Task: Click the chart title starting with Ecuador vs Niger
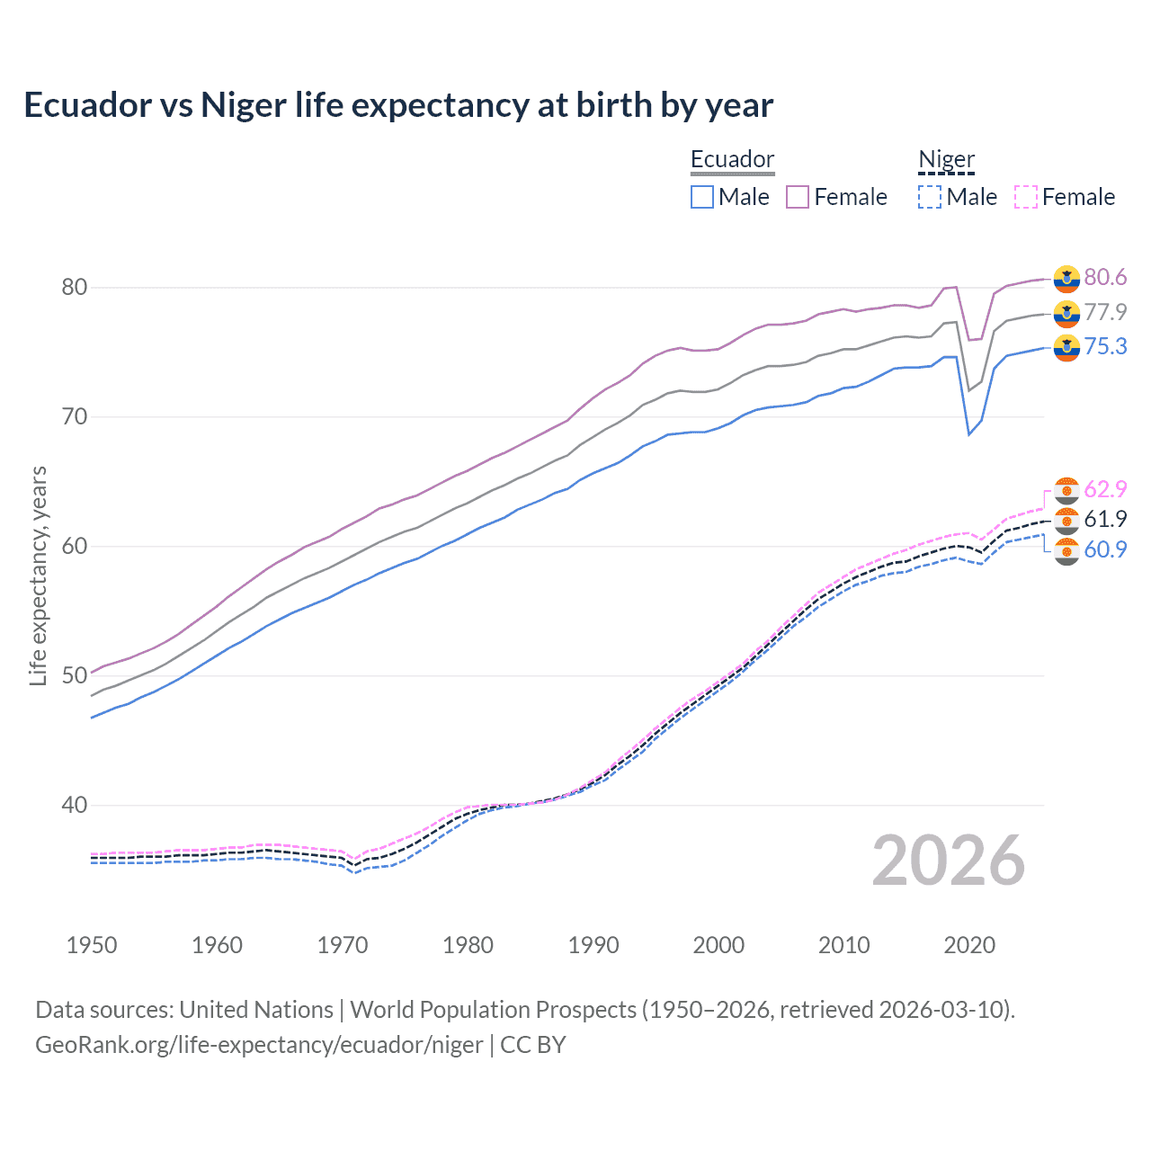tap(398, 105)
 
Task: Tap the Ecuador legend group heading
tap(732, 159)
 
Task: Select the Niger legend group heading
tap(946, 159)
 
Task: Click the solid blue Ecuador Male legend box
tap(702, 197)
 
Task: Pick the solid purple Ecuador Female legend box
tap(798, 197)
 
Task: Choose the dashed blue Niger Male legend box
tap(930, 197)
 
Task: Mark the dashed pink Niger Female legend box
tap(1026, 197)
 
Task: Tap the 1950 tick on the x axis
tap(92, 945)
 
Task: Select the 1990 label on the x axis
tap(593, 945)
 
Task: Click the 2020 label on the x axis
tap(969, 945)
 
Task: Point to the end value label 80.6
tap(1105, 278)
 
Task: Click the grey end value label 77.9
tap(1105, 312)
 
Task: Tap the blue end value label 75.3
tap(1105, 347)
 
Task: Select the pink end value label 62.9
tap(1105, 489)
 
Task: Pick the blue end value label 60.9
tap(1105, 549)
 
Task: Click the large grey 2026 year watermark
tap(949, 861)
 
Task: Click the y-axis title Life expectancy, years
tap(38, 575)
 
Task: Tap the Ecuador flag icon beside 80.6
tap(1066, 279)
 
